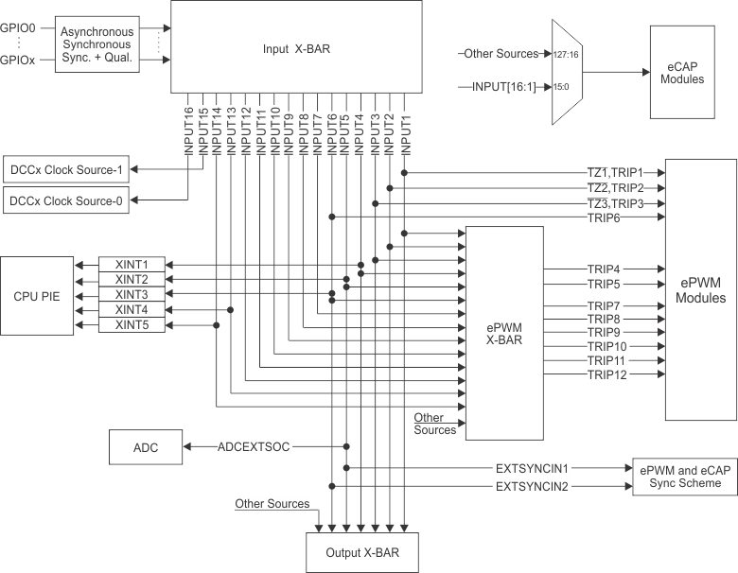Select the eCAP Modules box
tap(682, 72)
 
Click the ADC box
tap(146, 446)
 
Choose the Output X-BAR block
tap(361, 552)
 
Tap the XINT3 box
tap(132, 294)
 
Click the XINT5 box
tap(132, 325)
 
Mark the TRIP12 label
tap(606, 375)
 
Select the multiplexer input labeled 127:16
tap(568, 55)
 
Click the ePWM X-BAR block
tap(504, 332)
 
